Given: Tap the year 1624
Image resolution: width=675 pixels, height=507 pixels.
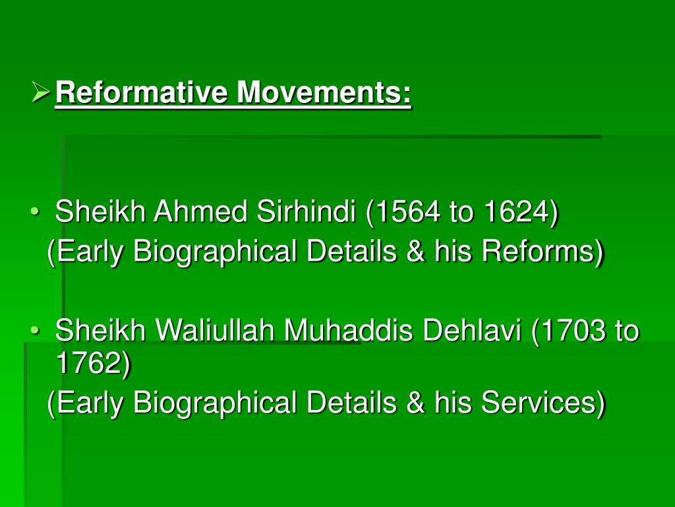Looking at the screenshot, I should [x=516, y=213].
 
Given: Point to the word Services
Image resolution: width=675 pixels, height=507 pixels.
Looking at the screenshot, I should [x=541, y=403].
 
